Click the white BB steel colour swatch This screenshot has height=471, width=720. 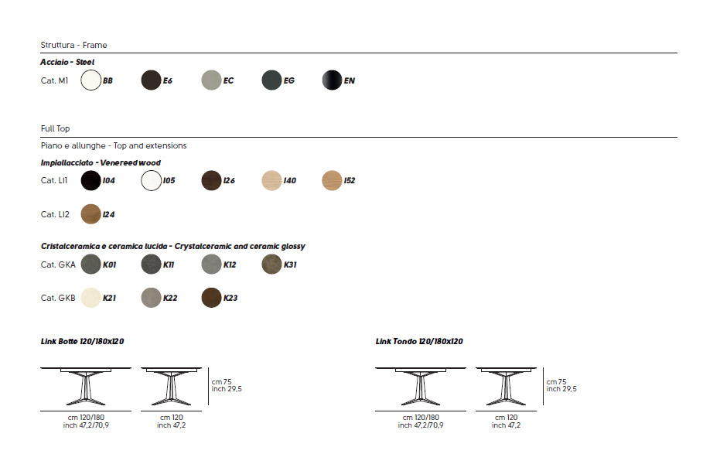[x=91, y=80]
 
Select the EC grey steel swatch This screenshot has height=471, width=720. [x=212, y=80]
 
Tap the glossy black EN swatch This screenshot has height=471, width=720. [x=333, y=80]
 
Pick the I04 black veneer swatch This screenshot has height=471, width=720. [x=91, y=180]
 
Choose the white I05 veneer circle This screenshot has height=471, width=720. [x=152, y=180]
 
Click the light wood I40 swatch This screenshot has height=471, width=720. [x=272, y=180]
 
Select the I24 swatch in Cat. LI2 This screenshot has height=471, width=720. [x=91, y=214]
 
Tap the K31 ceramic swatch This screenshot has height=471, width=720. [x=272, y=265]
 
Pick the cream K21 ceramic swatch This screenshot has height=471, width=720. [x=91, y=297]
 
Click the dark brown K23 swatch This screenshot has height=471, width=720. [x=212, y=297]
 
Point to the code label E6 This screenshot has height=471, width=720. [x=168, y=80]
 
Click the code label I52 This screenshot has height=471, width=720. [x=350, y=181]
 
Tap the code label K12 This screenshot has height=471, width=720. [x=230, y=265]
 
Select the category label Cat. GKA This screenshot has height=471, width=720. [x=58, y=265]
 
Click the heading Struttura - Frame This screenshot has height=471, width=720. [x=73, y=46]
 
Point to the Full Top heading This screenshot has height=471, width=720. [x=56, y=128]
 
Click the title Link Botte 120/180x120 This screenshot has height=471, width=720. [x=83, y=341]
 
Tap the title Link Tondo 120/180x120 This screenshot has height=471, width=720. [x=419, y=341]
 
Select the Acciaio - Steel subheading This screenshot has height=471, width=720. [x=67, y=62]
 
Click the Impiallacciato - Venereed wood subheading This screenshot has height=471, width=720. [x=101, y=163]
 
